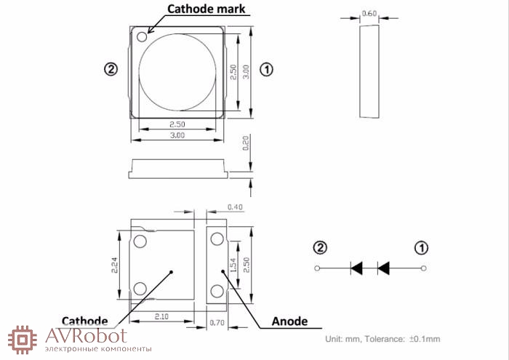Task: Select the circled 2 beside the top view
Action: pyautogui.click(x=111, y=70)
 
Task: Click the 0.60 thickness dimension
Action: pyautogui.click(x=369, y=14)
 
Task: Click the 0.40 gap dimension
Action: pyautogui.click(x=235, y=207)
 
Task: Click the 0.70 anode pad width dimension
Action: pyautogui.click(x=216, y=321)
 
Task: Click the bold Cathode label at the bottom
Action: pyautogui.click(x=85, y=321)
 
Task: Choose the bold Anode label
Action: pyautogui.click(x=289, y=321)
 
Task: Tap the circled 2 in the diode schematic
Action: pyautogui.click(x=319, y=247)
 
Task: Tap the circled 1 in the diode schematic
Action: pyautogui.click(x=422, y=247)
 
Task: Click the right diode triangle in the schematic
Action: pyautogui.click(x=383, y=268)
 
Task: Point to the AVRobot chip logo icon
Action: pyautogui.click(x=23, y=338)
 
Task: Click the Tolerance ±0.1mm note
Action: pyautogui.click(x=382, y=339)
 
